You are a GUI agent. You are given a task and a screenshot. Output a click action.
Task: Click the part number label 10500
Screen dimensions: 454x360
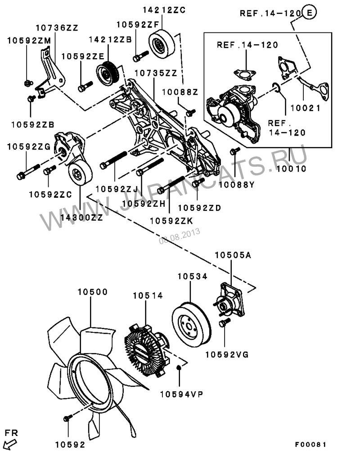click(92, 292)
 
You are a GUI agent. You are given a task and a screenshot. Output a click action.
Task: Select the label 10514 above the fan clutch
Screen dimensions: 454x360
click(148, 295)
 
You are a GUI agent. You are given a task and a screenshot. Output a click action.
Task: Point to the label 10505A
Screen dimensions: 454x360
click(233, 255)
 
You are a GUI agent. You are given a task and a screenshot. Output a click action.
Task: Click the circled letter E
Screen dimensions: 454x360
click(309, 14)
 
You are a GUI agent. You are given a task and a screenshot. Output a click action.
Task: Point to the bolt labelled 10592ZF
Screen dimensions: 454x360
click(140, 57)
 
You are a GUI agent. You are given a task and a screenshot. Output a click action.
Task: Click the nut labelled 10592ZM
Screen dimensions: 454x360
click(28, 83)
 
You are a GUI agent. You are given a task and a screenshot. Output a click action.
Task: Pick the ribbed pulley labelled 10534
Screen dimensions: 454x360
click(191, 321)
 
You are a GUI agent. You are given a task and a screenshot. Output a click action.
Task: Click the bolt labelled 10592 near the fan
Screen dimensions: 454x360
click(67, 418)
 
